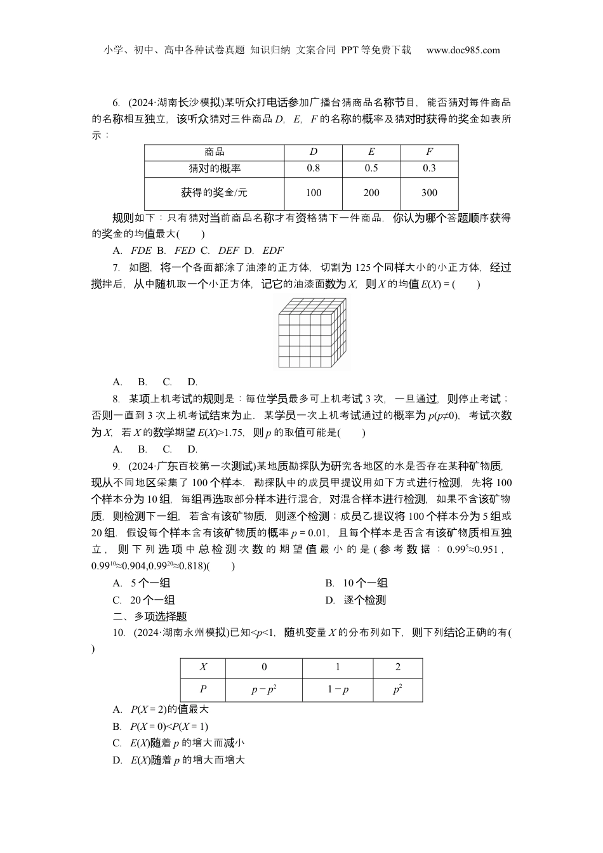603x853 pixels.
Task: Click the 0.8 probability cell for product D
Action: click(x=313, y=168)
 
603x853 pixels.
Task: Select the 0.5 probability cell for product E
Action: click(x=371, y=168)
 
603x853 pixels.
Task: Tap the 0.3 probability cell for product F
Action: click(x=429, y=168)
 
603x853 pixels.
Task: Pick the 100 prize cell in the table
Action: click(x=313, y=193)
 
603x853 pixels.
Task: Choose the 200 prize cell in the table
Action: click(x=371, y=193)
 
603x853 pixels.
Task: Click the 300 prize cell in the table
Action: click(x=429, y=193)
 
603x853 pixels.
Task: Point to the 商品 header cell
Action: click(x=215, y=152)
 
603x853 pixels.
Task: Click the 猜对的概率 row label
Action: click(x=215, y=168)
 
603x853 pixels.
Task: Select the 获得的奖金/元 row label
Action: click(x=215, y=193)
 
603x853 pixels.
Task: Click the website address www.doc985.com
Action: click(x=463, y=50)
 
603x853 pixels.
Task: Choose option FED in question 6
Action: click(x=185, y=250)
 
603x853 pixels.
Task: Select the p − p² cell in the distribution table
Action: click(x=264, y=689)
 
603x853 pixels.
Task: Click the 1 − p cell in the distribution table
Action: click(x=338, y=689)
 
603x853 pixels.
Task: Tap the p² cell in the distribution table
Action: click(x=398, y=689)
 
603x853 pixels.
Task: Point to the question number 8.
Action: click(x=116, y=399)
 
